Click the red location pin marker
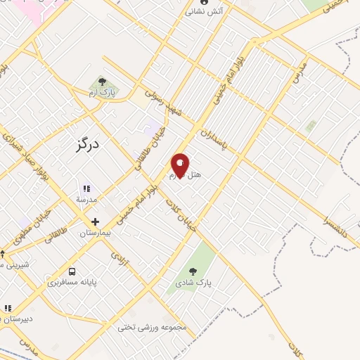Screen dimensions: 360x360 coord(181,167)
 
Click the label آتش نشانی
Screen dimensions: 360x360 coord(205,12)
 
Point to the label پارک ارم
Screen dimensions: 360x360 coord(102,93)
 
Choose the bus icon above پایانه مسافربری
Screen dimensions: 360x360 coord(72,271)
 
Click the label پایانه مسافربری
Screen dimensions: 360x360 coord(72,283)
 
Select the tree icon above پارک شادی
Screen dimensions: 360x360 coord(193,271)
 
